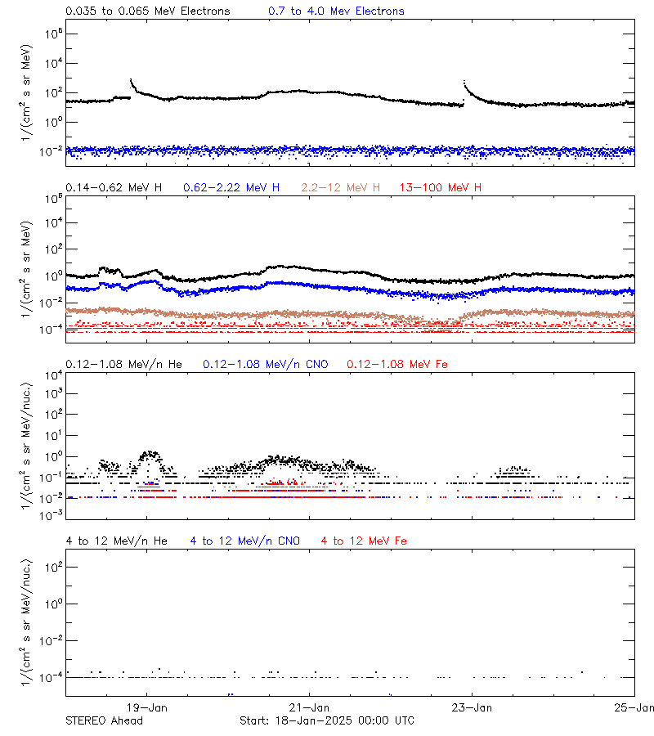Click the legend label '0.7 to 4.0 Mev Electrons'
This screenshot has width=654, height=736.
pyautogui.click(x=336, y=11)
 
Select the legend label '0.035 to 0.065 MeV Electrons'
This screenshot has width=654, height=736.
pyautogui.click(x=148, y=11)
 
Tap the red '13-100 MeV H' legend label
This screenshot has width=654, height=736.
pyautogui.click(x=441, y=187)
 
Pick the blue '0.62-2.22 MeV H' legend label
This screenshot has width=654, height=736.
pyautogui.click(x=231, y=187)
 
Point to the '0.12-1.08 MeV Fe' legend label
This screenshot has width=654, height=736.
pyautogui.click(x=397, y=363)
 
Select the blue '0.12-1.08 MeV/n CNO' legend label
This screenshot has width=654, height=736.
pyautogui.click(x=266, y=363)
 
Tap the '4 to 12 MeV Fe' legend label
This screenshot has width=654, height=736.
pyautogui.click(x=365, y=541)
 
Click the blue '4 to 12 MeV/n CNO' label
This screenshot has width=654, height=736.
pyautogui.click(x=245, y=541)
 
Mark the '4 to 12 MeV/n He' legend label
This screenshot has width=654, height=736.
pyautogui.click(x=116, y=541)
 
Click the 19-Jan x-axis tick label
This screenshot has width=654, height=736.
pyautogui.click(x=147, y=707)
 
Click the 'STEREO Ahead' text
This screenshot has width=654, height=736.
pyautogui.click(x=104, y=720)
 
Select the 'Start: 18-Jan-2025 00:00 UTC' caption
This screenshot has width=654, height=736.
pyautogui.click(x=327, y=720)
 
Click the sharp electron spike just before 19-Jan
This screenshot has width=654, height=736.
pyautogui.click(x=132, y=80)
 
